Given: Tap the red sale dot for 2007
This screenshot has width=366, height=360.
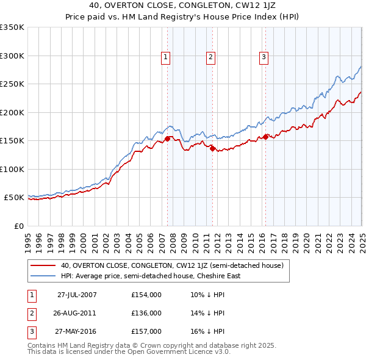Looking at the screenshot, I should click(168, 139).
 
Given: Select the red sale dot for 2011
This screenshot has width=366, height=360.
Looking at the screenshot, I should click(213, 148).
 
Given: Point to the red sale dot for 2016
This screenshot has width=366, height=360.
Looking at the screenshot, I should click(266, 137).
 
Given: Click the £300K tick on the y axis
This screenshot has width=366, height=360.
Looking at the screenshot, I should click(12, 56).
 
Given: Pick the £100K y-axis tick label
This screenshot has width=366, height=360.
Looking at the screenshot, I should click(12, 169).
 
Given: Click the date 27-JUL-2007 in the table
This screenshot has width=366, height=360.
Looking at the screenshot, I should click(77, 295).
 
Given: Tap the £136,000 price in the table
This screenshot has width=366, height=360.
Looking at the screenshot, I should click(146, 313).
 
